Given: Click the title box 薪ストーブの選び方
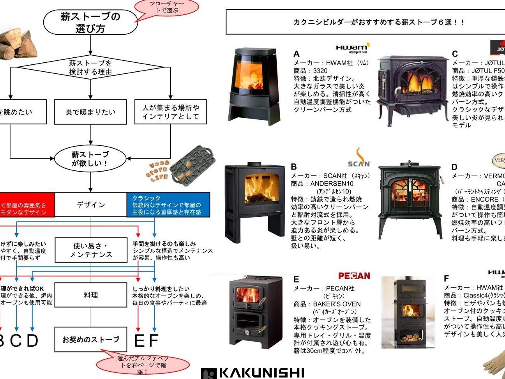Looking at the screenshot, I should pyautogui.click(x=90, y=22).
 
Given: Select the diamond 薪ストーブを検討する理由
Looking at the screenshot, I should pyautogui.click(x=90, y=67).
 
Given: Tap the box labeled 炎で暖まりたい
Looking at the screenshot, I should pyautogui.click(x=90, y=112).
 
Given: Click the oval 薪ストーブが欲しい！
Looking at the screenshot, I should pyautogui.click(x=90, y=159).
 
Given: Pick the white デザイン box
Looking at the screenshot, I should pyautogui.click(x=91, y=205).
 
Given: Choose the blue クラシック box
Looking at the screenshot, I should pyautogui.click(x=168, y=205).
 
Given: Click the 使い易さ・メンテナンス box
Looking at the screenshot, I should pyautogui.click(x=91, y=250).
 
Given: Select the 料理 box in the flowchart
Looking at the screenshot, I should pyautogui.click(x=91, y=295).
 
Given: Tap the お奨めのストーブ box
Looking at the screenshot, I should pyautogui.click(x=91, y=340).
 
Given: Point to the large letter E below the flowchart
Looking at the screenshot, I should pyautogui.click(x=139, y=341).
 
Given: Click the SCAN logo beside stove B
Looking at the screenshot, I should pyautogui.click(x=359, y=158).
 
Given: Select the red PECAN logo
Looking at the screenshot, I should pyautogui.click(x=354, y=276).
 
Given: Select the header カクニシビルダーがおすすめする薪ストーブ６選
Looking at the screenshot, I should pyautogui.click(x=366, y=22).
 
